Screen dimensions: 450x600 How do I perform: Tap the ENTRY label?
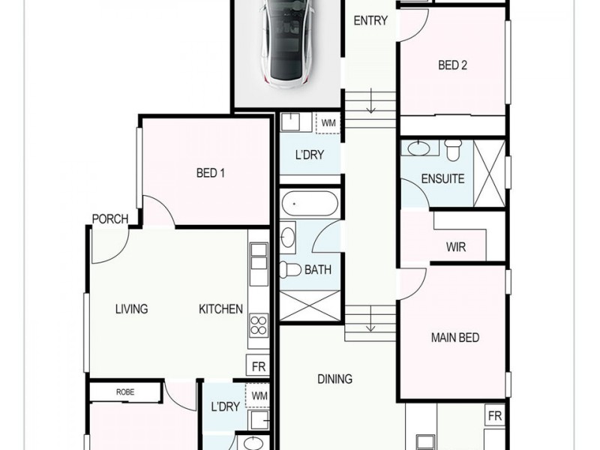click(370, 21)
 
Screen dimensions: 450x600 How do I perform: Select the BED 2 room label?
click(453, 65)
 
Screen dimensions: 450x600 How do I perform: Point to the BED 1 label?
click(211, 173)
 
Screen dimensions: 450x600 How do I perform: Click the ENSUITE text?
click(442, 179)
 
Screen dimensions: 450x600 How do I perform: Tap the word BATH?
click(318, 269)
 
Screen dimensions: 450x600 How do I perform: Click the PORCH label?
click(110, 219)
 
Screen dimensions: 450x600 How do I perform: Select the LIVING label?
click(131, 308)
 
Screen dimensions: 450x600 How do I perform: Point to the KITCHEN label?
click(220, 308)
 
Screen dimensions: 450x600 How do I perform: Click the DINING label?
click(334, 379)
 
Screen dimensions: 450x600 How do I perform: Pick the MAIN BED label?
click(455, 337)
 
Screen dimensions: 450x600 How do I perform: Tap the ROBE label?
click(125, 391)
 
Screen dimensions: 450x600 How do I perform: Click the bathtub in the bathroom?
click(310, 204)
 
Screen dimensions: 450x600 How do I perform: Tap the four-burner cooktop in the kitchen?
click(259, 325)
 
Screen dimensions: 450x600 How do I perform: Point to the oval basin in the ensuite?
click(418, 147)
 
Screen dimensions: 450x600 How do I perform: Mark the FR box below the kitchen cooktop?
click(259, 367)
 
